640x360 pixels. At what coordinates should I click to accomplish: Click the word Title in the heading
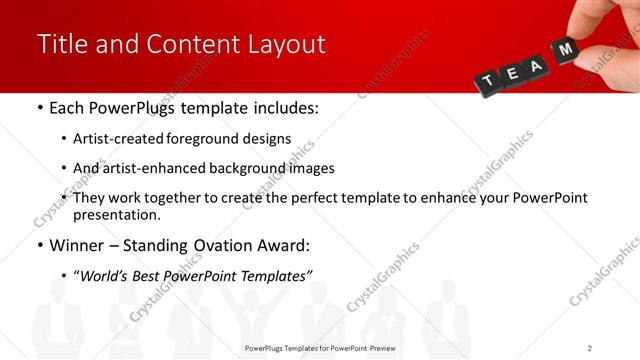click(x=61, y=45)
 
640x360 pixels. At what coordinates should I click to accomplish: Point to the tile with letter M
click(x=567, y=49)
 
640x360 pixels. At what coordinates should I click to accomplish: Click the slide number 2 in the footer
click(x=590, y=348)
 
